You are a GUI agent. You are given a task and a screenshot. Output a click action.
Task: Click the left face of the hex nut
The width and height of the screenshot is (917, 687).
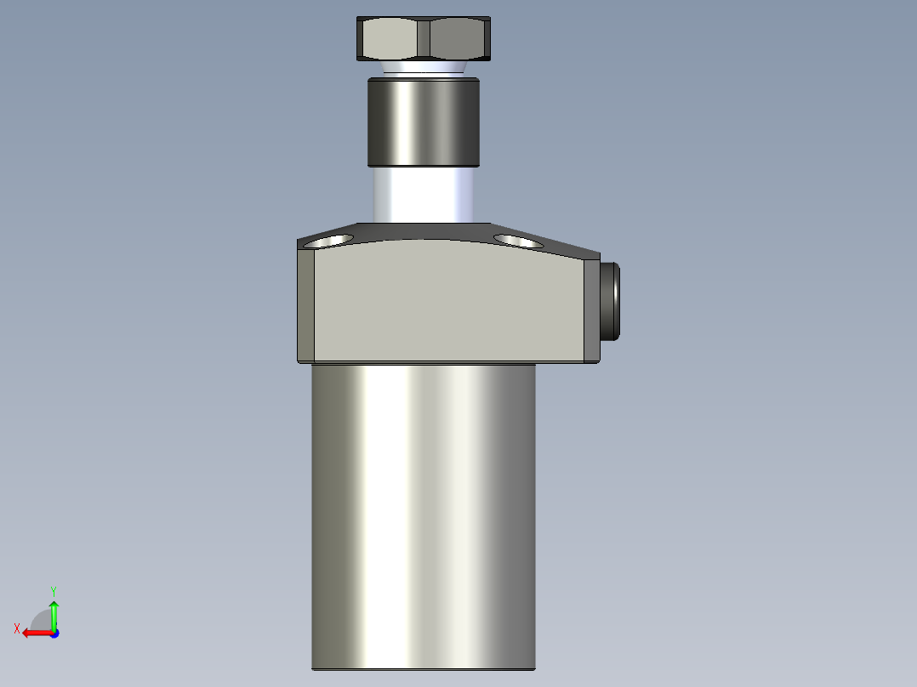coord(390,39)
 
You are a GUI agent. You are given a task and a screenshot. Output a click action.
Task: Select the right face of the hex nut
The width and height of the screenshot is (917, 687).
coord(458,39)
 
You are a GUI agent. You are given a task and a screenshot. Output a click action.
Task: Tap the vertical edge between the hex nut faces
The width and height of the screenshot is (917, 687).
coord(423,39)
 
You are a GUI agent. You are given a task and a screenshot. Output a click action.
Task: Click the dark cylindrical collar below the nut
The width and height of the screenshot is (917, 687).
coord(423,122)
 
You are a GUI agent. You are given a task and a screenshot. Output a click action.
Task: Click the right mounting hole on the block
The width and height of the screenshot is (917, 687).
coord(517,241)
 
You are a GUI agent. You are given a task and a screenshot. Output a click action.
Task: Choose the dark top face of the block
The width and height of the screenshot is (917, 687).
coord(425,231)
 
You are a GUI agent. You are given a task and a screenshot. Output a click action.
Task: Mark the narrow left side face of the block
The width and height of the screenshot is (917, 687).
coord(306,306)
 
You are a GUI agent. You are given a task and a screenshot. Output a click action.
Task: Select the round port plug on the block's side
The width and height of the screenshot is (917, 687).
coord(610,302)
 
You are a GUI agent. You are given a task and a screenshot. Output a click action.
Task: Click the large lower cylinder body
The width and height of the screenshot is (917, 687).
coord(423,510)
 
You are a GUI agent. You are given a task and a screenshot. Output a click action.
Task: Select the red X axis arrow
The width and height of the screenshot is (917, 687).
coord(34,633)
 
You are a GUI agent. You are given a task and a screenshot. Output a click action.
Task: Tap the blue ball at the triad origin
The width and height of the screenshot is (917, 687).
coord(54,633)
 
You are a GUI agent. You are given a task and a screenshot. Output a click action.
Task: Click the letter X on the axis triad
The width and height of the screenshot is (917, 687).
coord(17,629)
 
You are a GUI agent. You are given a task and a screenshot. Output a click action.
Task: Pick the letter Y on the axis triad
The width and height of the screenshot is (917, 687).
coord(54,589)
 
